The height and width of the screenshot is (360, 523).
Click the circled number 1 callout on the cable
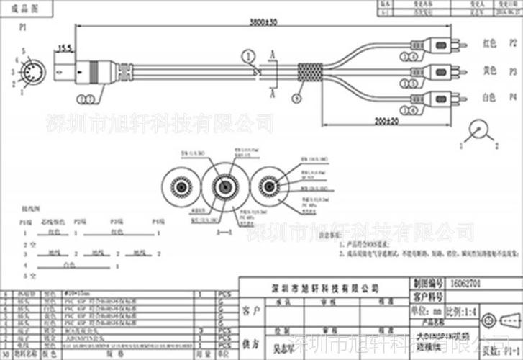coord(248,55)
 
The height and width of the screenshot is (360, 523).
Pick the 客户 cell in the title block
coord(249,311)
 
